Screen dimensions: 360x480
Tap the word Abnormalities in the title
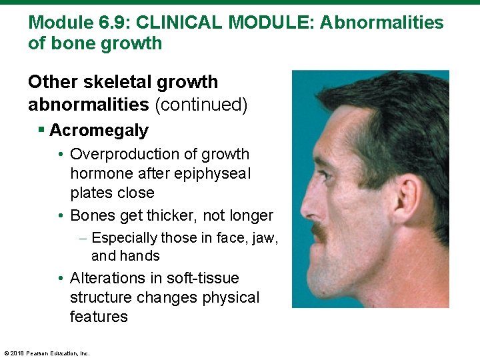click(x=381, y=23)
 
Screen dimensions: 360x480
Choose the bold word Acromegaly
click(x=99, y=130)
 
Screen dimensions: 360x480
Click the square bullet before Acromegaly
click(x=42, y=130)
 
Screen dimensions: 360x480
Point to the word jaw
click(x=265, y=238)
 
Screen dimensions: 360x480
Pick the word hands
click(x=143, y=256)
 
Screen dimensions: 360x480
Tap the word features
click(x=99, y=317)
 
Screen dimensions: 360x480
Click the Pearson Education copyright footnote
click(x=47, y=353)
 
